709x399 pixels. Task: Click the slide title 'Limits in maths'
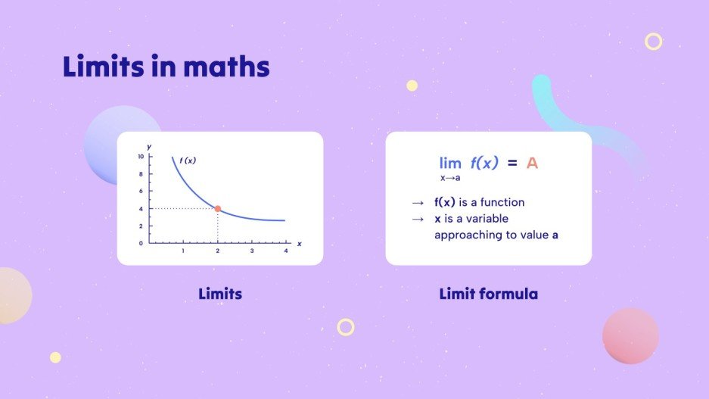tap(166, 67)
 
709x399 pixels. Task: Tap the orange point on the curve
tap(218, 208)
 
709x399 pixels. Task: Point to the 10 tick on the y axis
tap(141, 157)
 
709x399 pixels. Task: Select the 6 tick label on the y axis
tap(141, 192)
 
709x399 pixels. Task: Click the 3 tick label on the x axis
tap(252, 251)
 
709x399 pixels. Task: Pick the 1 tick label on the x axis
tap(183, 251)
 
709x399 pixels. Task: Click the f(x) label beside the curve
tap(188, 160)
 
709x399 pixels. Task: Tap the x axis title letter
tap(299, 244)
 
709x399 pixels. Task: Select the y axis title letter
tap(150, 145)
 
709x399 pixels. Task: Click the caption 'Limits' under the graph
tap(220, 293)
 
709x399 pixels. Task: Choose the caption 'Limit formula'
tap(488, 293)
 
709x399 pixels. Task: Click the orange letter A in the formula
tap(532, 163)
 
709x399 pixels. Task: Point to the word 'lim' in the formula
tap(450, 163)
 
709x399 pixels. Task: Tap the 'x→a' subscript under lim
tap(450, 178)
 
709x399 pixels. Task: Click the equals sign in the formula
tap(512, 163)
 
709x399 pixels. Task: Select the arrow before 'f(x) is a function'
tap(417, 203)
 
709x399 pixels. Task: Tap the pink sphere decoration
tap(630, 335)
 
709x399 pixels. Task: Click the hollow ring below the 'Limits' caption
tap(346, 327)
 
